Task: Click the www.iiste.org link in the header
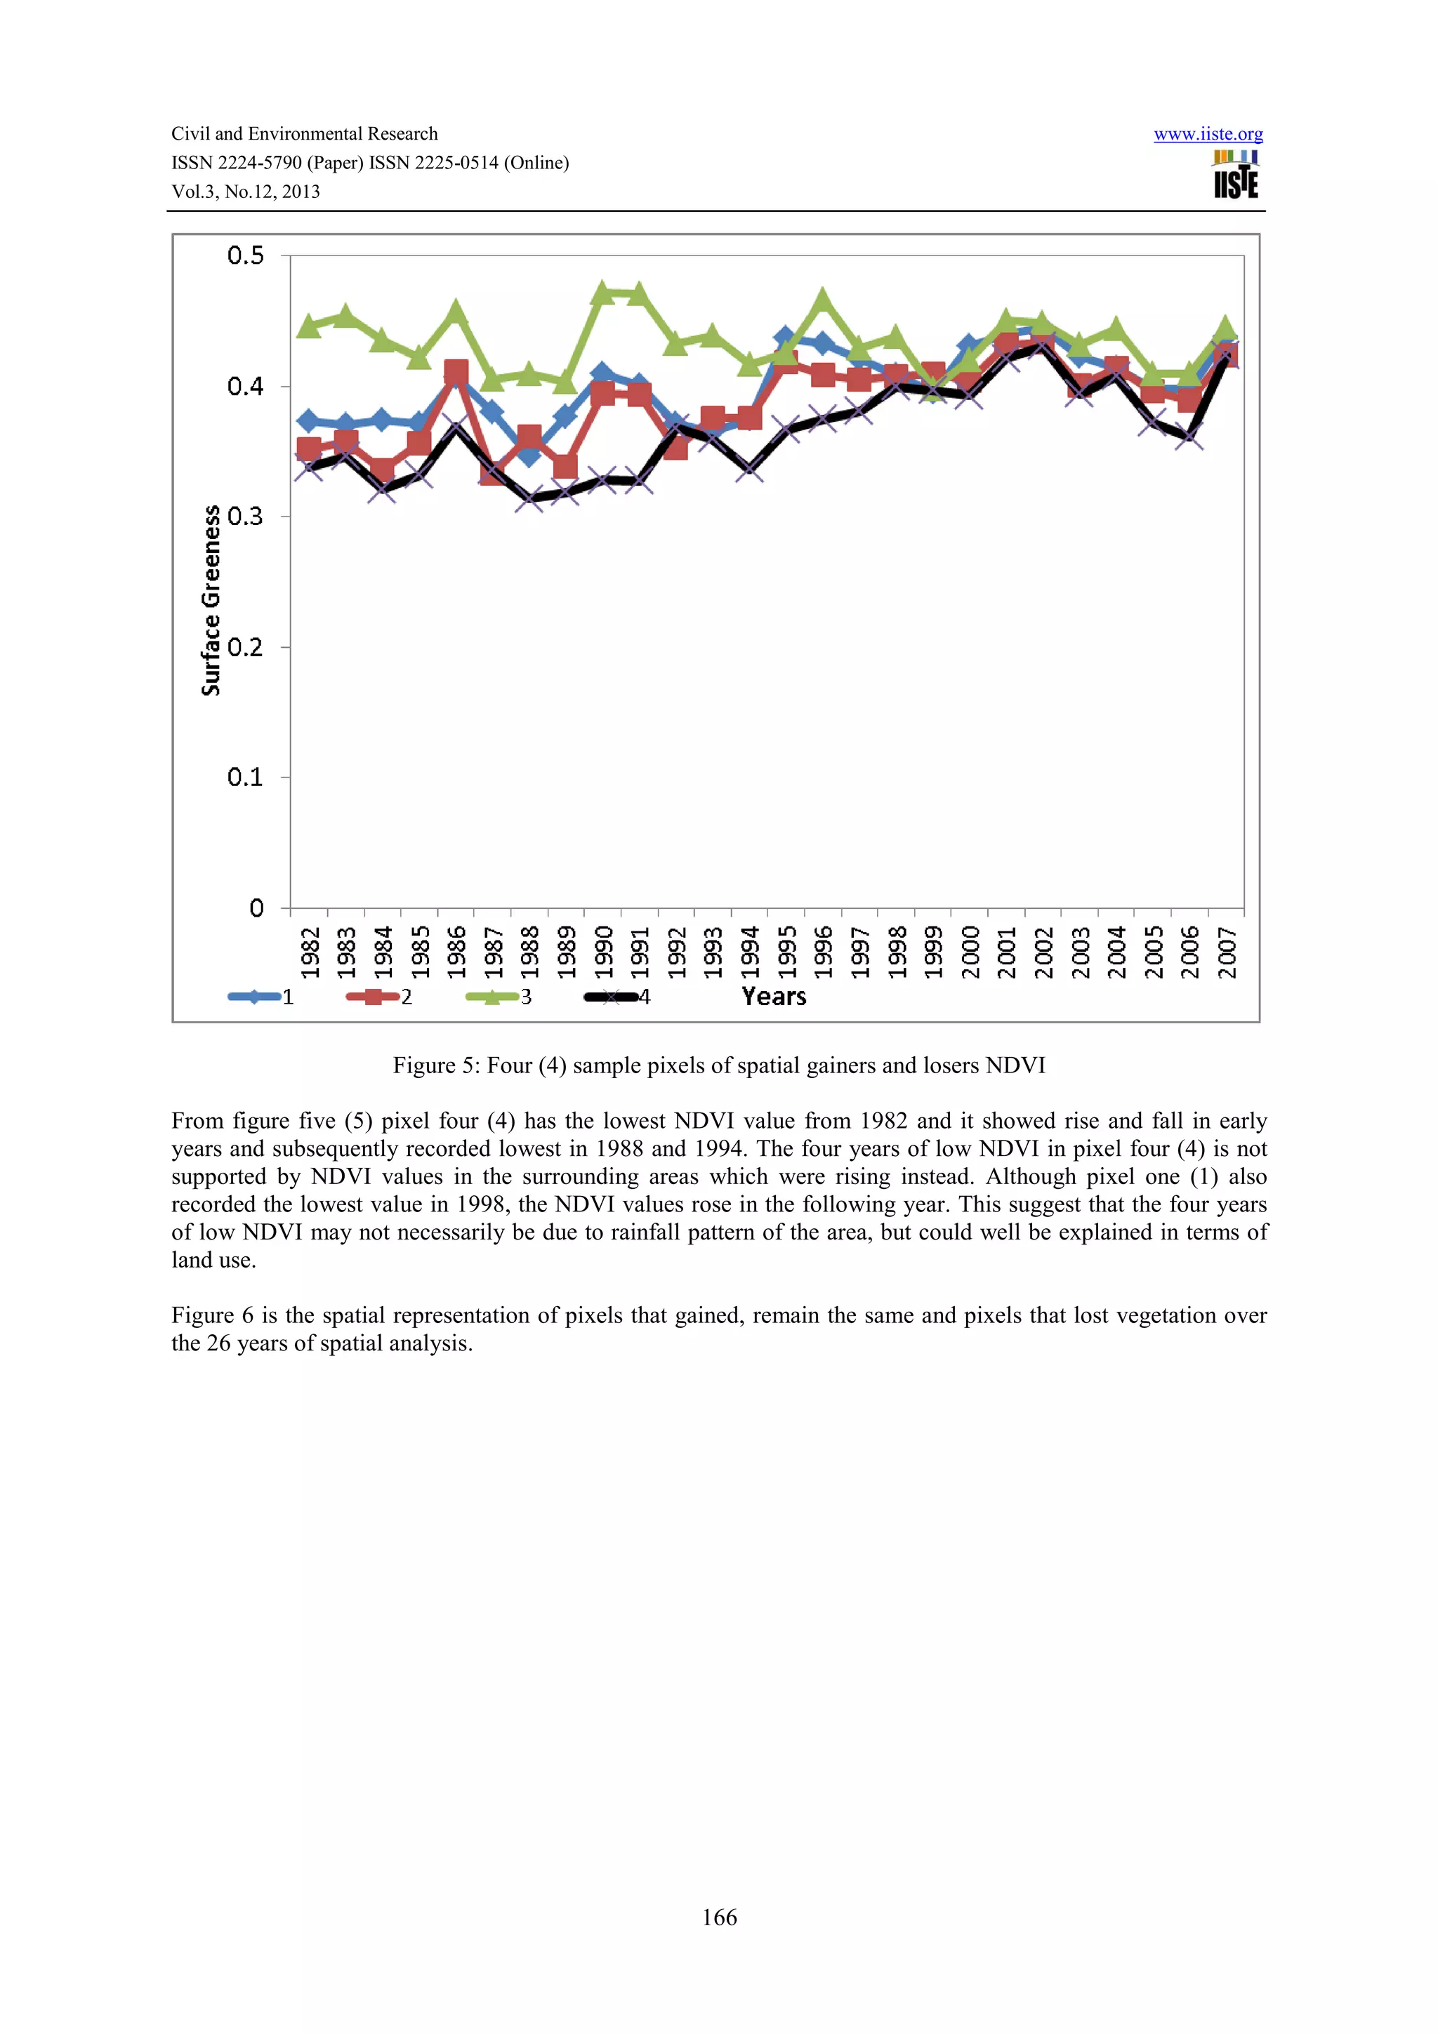tap(1208, 135)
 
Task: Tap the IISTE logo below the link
tap(1235, 175)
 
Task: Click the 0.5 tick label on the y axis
tap(246, 256)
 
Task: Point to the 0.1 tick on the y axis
tap(246, 778)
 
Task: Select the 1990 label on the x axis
tap(603, 952)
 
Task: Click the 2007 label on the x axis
tap(1226, 952)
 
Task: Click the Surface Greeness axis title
tap(211, 600)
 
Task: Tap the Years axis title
tap(774, 997)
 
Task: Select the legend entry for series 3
tap(498, 997)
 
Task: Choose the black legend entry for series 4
tap(618, 997)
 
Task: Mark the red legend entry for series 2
tap(379, 997)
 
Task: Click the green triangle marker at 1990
tap(602, 293)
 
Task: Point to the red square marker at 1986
tap(456, 372)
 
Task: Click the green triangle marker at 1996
tap(822, 300)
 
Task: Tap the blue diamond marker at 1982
tap(309, 421)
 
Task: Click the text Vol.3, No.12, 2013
tap(246, 192)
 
